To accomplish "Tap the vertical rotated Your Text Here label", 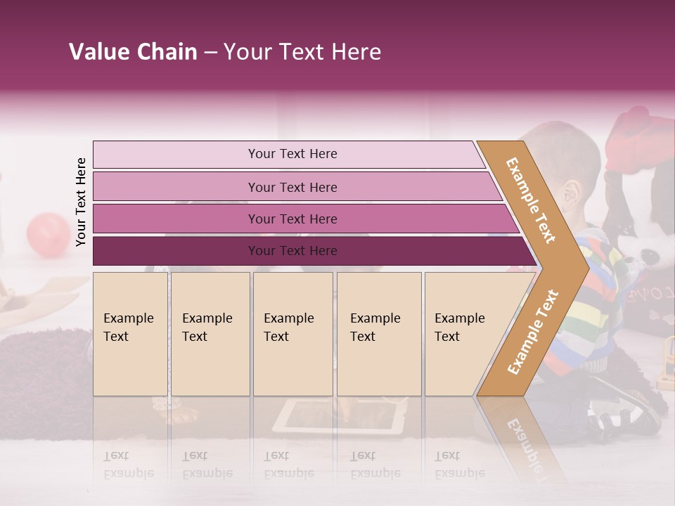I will pos(81,202).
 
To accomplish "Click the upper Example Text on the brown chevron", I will pos(531,200).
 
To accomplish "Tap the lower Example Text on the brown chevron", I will pos(533,332).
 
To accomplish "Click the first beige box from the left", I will pos(130,334).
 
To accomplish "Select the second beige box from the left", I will pos(210,334).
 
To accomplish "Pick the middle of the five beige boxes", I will pos(292,334).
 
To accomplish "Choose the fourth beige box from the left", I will pos(379,334).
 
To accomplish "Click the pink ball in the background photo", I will pos(48,233).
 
